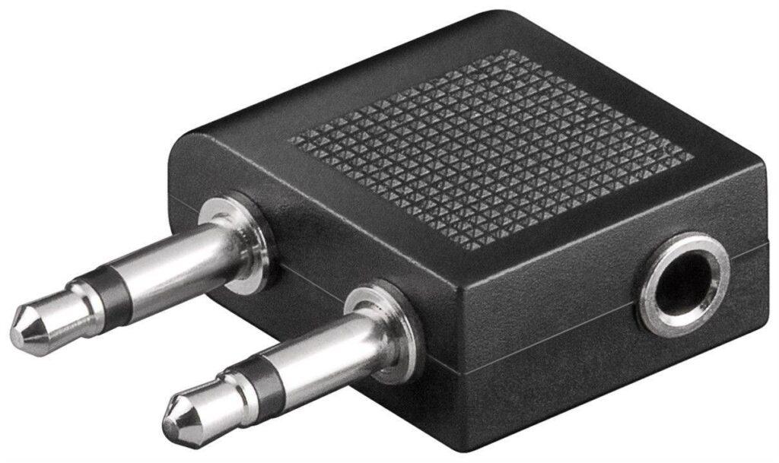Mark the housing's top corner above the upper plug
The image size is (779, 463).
tap(183, 137)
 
